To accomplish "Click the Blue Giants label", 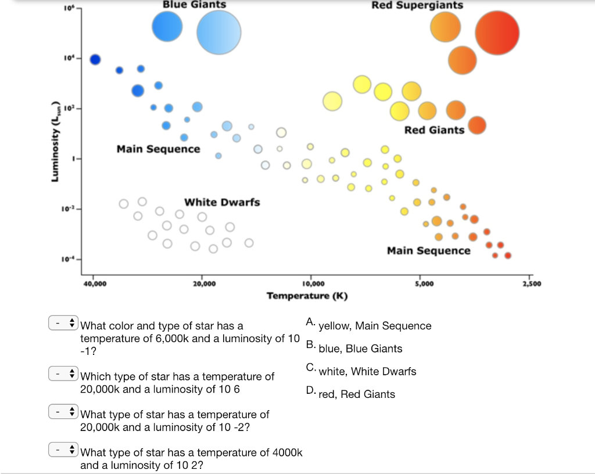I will point(194,5).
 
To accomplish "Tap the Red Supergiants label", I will point(417,5).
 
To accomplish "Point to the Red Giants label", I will point(434,130).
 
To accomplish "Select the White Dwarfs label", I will point(222,202).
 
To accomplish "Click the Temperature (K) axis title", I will point(307,296).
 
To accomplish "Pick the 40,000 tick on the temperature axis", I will point(95,283).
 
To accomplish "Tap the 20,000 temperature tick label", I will point(203,283).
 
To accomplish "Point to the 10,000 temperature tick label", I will point(313,283).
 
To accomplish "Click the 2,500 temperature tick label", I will point(531,283).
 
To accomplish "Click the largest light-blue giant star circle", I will point(218,33).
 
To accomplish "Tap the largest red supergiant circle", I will point(497,33).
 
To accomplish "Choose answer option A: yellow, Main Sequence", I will point(375,326).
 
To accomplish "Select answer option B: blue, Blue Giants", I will point(360,349).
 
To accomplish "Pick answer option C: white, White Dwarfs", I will point(367,371).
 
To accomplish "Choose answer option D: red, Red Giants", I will point(357,394).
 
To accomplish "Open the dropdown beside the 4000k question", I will point(63,449).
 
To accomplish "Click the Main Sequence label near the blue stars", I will point(158,149).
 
